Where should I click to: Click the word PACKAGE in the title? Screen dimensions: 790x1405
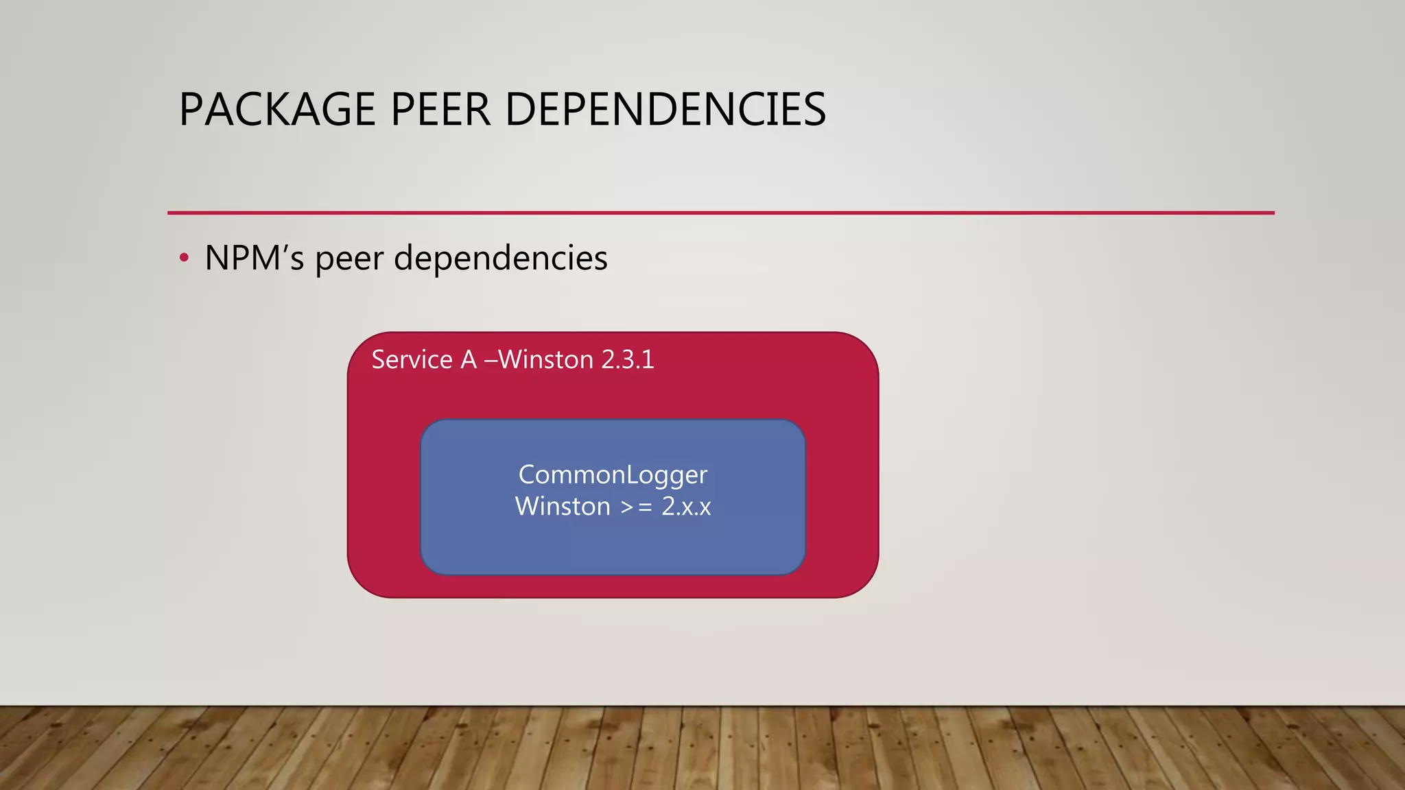(x=277, y=110)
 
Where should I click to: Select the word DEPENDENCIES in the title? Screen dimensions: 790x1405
(x=665, y=110)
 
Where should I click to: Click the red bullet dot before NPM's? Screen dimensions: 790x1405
(x=183, y=259)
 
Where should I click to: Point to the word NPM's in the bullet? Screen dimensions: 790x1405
(x=254, y=259)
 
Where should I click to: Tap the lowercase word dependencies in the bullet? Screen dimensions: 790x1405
(x=500, y=259)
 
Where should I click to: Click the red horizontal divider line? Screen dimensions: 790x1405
(x=720, y=213)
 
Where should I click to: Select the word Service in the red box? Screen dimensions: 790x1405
(x=412, y=359)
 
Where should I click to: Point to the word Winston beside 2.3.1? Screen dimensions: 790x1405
(x=546, y=359)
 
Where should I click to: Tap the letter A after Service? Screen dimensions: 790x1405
(x=469, y=359)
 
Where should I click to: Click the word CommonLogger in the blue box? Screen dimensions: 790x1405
(x=613, y=475)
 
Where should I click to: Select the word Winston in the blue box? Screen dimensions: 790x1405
(x=563, y=506)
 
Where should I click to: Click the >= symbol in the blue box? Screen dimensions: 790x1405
(x=636, y=507)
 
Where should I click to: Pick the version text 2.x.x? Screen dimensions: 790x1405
(x=686, y=507)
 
